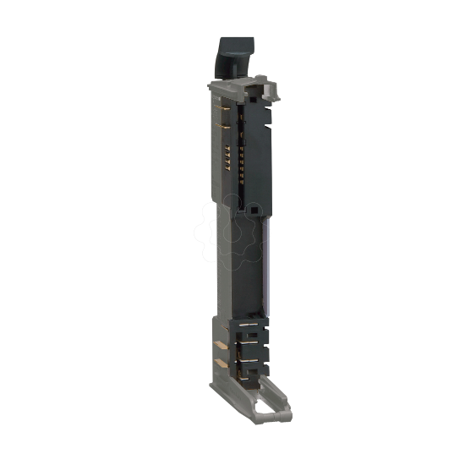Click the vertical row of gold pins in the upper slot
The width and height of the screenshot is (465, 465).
(243, 156)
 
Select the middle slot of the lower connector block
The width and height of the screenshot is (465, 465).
(249, 345)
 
